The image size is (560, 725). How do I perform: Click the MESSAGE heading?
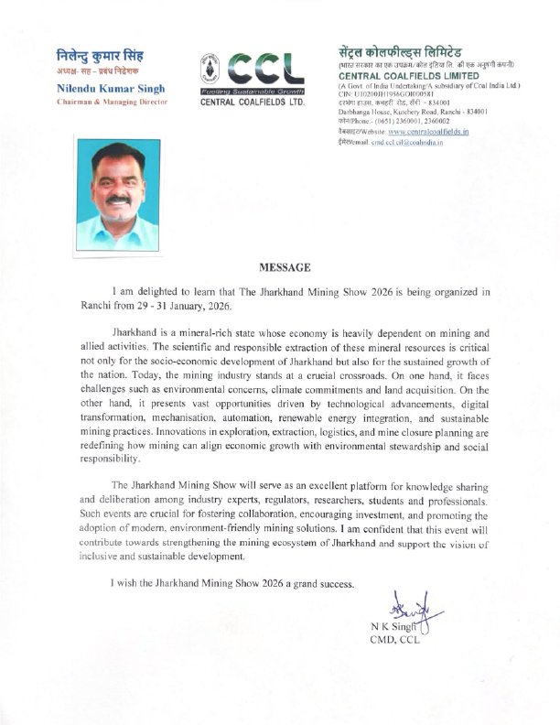coord(285,268)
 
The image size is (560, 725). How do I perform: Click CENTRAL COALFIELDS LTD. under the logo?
coord(251,103)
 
